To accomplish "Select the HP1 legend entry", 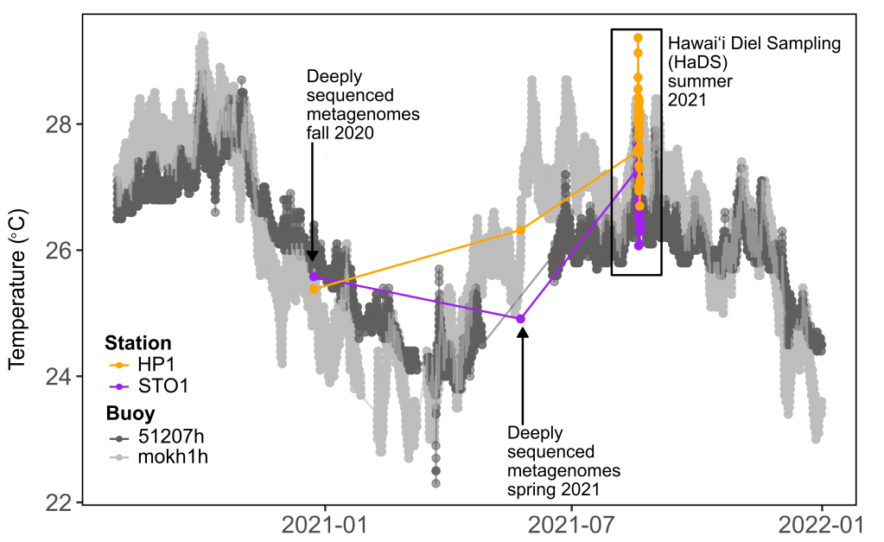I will coord(148,365).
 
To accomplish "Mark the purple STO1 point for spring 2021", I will coord(521,319).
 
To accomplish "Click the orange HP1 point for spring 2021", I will coord(521,229).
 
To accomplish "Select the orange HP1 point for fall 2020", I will coord(314,289).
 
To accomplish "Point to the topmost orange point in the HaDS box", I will coord(638,38).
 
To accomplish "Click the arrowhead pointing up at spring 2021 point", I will coord(522,332).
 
